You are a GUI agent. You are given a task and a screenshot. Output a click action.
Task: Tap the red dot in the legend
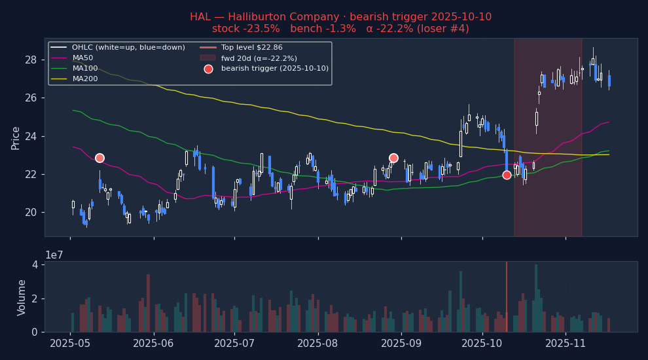pos(208,69)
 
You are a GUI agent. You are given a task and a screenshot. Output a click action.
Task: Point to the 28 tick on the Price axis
pos(31,60)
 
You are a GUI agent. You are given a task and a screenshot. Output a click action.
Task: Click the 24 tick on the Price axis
pos(31,136)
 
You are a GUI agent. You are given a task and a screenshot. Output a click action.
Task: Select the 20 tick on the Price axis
pos(31,213)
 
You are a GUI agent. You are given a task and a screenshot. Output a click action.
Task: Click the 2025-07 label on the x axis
pos(234,344)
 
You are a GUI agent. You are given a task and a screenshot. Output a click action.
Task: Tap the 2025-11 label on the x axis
pos(566,344)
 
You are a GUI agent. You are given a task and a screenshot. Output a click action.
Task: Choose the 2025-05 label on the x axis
pos(70,344)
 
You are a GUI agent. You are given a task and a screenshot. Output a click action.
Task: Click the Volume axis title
pos(21,298)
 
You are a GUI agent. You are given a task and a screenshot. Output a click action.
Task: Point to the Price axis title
pos(15,139)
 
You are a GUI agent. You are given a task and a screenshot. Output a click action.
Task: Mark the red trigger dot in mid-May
pos(99,158)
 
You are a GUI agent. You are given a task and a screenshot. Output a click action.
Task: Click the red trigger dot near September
pos(393,158)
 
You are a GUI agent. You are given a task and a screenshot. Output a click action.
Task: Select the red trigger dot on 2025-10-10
pos(507,175)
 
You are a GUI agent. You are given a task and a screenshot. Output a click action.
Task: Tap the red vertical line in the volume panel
pos(507,297)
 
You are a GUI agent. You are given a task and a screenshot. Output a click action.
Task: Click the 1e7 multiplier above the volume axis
pos(54,255)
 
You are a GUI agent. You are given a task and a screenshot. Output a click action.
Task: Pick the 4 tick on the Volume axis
pos(35,264)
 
